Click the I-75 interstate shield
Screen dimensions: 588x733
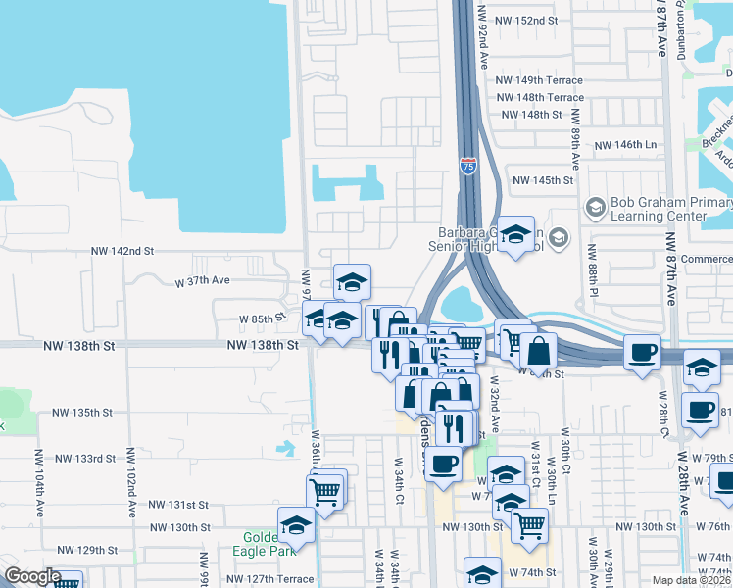(x=468, y=166)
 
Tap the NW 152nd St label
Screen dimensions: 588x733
(x=526, y=21)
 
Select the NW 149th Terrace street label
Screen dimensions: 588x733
(x=539, y=80)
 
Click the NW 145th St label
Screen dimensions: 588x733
(x=542, y=180)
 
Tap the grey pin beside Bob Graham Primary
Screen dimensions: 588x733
(x=594, y=207)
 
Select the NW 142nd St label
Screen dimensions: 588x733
(x=122, y=252)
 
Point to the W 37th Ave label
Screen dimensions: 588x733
(x=202, y=281)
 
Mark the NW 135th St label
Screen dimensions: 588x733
(x=83, y=413)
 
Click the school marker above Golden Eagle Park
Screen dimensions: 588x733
(x=296, y=524)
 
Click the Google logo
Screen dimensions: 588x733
(x=31, y=576)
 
